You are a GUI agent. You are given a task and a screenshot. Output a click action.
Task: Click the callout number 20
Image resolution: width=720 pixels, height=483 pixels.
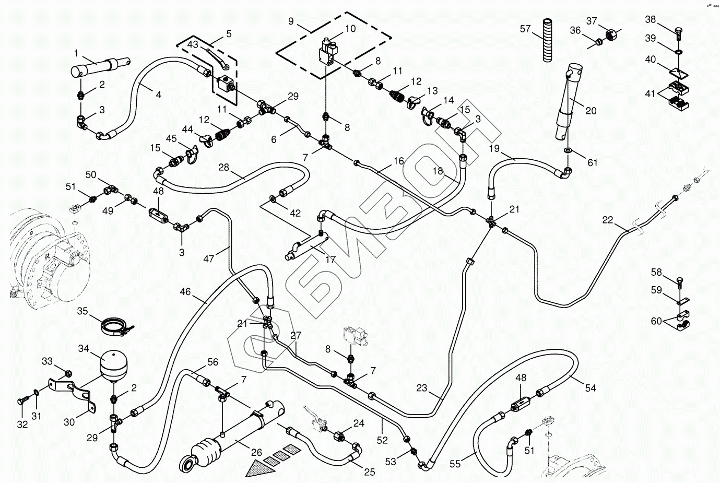(x=591, y=111)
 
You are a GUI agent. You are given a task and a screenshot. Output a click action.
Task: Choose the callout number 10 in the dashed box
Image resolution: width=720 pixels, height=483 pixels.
(x=350, y=29)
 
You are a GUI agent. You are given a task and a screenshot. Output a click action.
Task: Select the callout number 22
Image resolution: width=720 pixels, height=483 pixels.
(x=608, y=220)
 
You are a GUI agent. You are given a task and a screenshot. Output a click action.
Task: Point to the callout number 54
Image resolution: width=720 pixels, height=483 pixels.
(x=591, y=388)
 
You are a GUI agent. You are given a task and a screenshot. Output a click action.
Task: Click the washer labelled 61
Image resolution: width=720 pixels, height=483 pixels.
(x=568, y=151)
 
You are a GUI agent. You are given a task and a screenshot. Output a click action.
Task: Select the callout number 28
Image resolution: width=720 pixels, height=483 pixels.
(x=223, y=168)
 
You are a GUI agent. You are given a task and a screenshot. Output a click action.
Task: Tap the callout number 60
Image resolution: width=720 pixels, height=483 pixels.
(x=656, y=321)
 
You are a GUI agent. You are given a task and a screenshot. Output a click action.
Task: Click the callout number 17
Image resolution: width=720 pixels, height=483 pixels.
(x=330, y=259)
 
